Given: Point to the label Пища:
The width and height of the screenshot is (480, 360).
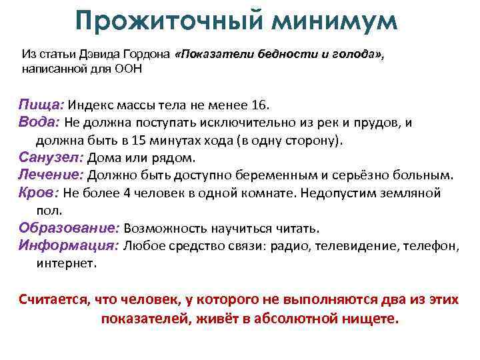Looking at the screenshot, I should (x=41, y=105).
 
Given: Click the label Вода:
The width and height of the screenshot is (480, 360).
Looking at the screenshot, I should (x=40, y=123).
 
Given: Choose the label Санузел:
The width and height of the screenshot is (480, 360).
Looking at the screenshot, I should (x=50, y=158).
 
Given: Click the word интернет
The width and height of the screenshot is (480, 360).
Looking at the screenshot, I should (x=67, y=263).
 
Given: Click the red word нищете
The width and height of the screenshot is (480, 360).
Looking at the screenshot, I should (x=366, y=318).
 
